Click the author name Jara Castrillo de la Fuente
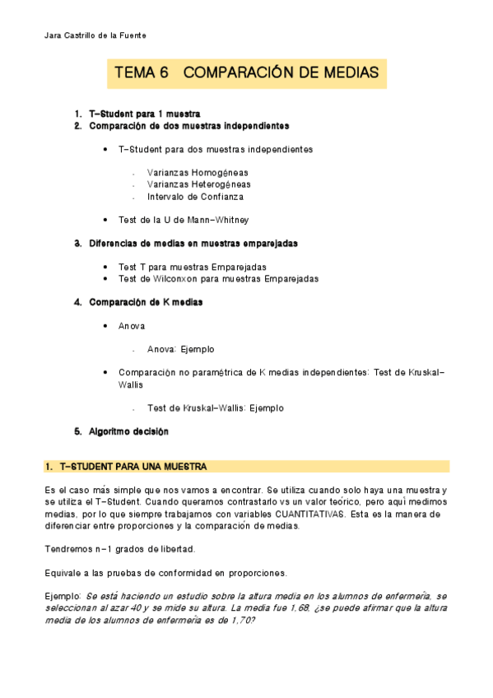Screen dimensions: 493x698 click(93, 35)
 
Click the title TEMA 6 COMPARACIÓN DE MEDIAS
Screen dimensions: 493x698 click(246, 73)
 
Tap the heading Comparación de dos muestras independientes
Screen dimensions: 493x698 click(188, 126)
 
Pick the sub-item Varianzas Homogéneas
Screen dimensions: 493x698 click(198, 173)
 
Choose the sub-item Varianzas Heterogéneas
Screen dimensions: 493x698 click(198, 185)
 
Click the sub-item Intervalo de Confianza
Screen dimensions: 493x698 click(194, 197)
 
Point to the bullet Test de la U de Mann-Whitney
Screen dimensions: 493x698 click(183, 221)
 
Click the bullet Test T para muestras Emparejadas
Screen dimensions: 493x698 click(192, 267)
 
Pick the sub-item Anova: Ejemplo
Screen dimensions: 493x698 click(180, 349)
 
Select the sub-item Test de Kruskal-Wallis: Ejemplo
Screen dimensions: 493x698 click(215, 407)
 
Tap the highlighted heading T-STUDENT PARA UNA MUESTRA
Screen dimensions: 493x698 click(132, 467)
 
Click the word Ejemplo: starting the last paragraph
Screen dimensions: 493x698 click(63, 595)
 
